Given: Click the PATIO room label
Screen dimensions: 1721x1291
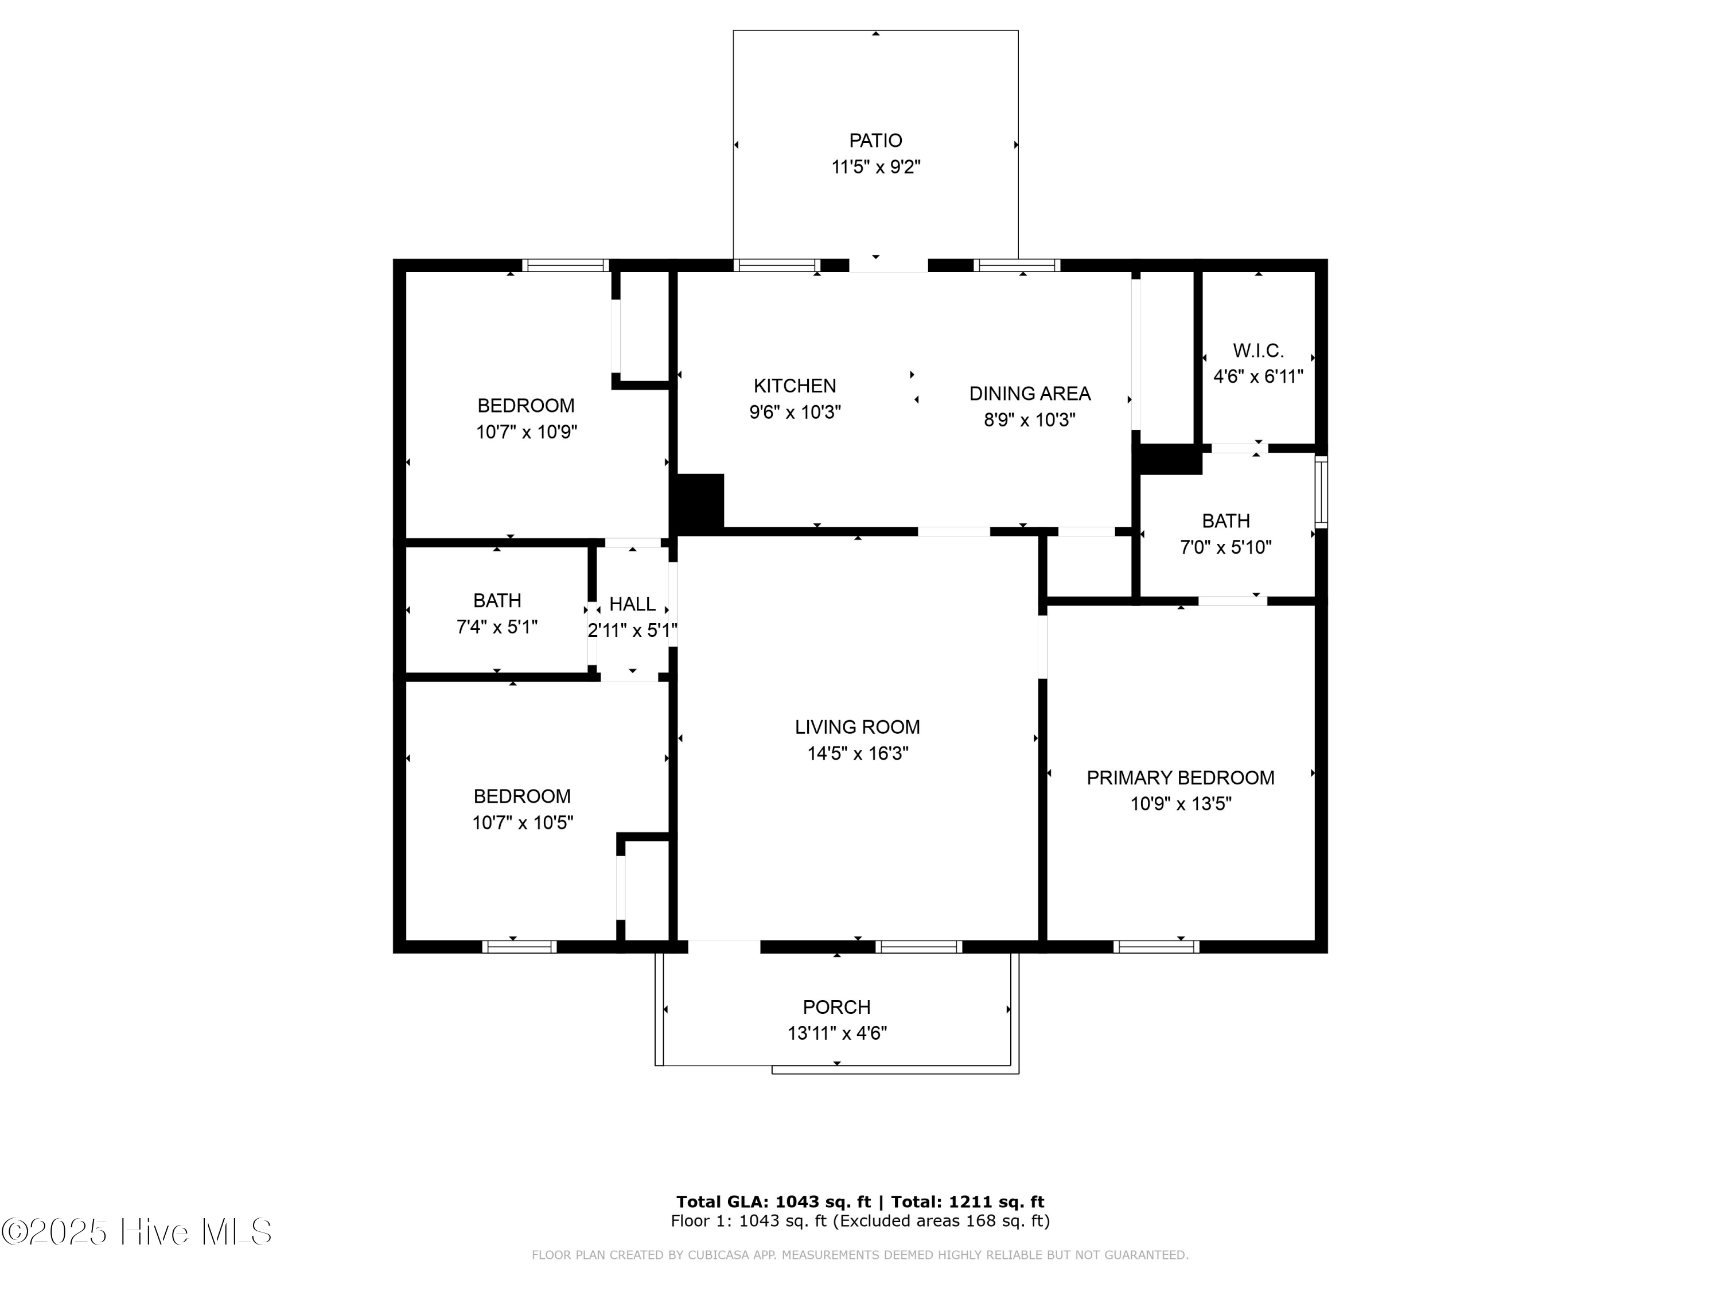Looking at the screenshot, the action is pos(875,141).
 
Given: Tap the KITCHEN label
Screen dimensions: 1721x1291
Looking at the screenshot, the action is pos(795,386).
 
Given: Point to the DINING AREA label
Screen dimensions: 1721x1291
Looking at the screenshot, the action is pos(1029,394).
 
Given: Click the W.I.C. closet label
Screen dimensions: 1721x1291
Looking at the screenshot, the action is pos(1258,351).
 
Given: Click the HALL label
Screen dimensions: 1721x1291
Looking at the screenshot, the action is pos(632,604).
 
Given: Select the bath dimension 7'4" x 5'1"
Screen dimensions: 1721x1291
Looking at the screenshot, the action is pos(496,627).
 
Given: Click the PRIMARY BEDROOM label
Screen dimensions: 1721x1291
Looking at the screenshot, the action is pos(1180,778).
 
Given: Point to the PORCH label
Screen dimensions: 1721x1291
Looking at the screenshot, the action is pos(836,1007).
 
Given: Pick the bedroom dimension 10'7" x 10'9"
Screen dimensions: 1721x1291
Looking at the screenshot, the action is pos(526,432).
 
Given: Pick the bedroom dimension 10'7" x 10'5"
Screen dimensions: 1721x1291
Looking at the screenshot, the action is pos(522,823).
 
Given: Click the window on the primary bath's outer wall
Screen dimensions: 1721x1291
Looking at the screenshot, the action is pos(1321,492).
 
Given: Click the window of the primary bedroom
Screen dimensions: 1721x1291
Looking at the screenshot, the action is pos(1155,947).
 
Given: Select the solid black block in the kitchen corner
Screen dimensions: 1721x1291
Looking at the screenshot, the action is pos(699,503).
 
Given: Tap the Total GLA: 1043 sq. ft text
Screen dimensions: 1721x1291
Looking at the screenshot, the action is pos(773,1202).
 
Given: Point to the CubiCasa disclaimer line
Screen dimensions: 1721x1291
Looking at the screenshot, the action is pos(860,1255).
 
